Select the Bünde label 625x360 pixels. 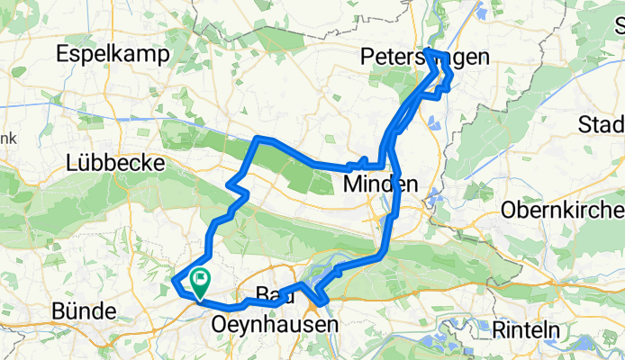[84, 312]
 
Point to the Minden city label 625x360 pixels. [381, 184]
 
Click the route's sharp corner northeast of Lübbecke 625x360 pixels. [258, 138]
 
